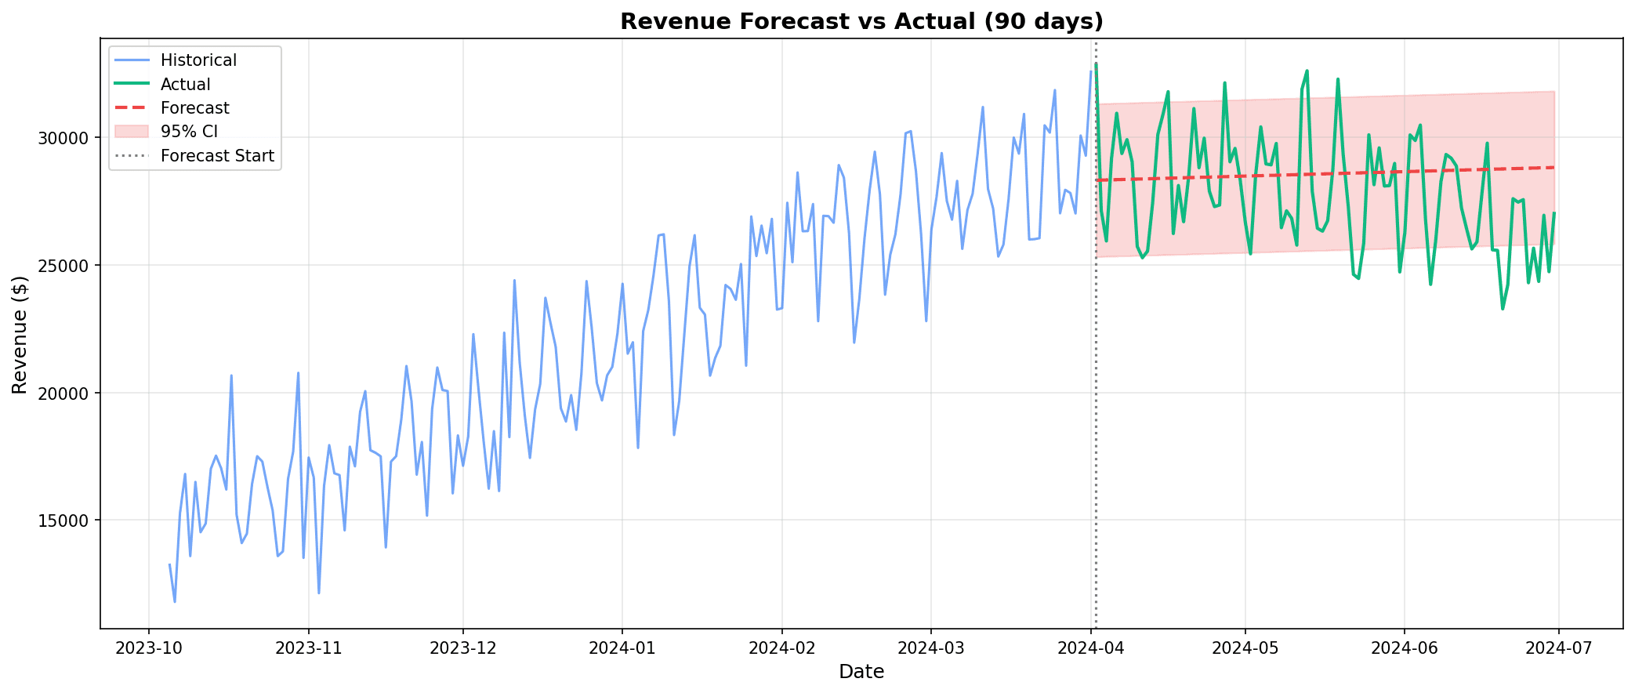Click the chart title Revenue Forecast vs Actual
point(861,21)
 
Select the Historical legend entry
point(198,60)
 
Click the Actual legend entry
point(185,85)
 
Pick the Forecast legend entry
point(194,108)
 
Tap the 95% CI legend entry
point(189,132)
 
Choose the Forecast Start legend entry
point(217,156)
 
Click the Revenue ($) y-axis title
point(20,335)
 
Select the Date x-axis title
point(861,672)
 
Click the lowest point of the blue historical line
point(175,601)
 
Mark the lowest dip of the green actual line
point(1503,309)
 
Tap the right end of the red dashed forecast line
point(1554,167)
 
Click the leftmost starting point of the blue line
point(169,564)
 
